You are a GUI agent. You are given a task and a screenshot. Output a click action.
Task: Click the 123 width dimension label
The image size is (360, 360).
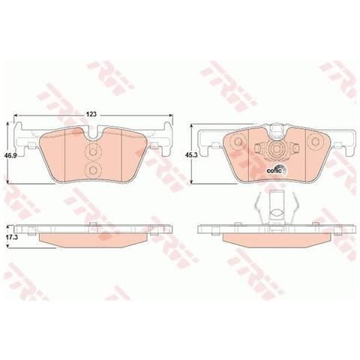(91, 113)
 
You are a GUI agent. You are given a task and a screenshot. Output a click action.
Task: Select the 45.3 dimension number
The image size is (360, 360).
(191, 154)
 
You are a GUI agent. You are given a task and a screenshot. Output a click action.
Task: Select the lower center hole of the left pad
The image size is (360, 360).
(93, 172)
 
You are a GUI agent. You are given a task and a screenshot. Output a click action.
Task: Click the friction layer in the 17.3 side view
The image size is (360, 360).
(93, 239)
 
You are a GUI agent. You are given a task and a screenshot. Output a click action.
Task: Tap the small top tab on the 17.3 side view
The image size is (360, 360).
(91, 224)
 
